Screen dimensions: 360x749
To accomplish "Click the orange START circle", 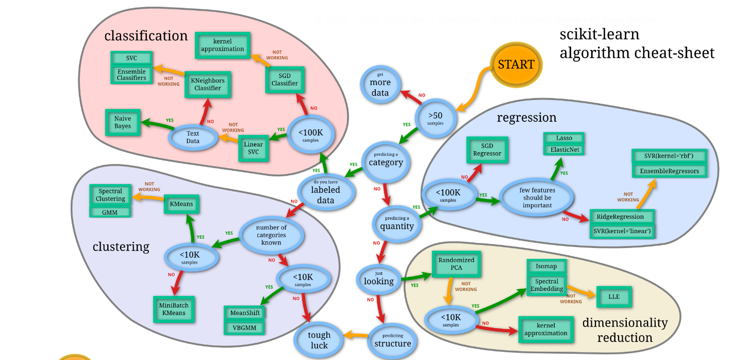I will pos(516,64).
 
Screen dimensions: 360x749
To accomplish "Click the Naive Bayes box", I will pos(123,122).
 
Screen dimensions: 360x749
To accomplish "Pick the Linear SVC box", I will pos(254,148).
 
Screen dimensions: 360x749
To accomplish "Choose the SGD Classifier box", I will pos(285,79).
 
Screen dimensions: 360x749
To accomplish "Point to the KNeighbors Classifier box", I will pos(208,85).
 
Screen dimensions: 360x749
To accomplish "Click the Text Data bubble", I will pos(193,137).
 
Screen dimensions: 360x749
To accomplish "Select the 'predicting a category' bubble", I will pos(385,160).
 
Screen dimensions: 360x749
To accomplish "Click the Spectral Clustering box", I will pos(110,195).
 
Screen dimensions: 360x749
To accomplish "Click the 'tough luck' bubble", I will pos(319,340).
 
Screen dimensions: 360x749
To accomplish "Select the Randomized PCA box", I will pos(457,264).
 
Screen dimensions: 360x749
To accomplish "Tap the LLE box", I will pos(613,297).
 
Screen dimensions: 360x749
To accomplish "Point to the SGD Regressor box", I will pos(487,150).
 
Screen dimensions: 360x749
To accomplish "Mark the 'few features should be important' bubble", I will pos(537,198).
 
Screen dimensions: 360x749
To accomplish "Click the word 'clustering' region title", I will pos(121,247).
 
